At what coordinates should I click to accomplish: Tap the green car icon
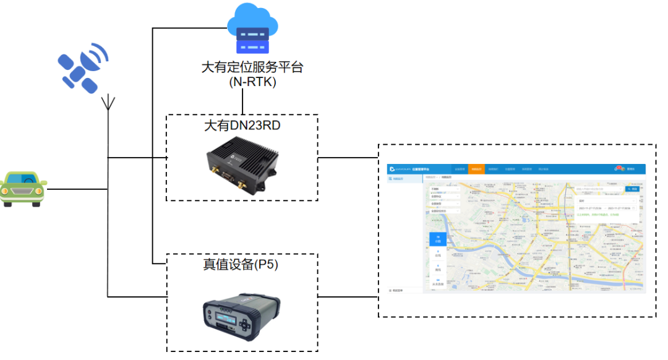[x=23, y=188]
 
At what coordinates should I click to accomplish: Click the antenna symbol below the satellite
[x=109, y=103]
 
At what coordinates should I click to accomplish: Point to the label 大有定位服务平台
[x=252, y=67]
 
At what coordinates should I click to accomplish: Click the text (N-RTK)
[x=252, y=82]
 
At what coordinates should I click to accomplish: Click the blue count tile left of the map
[x=438, y=239]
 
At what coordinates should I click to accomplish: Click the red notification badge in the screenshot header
[x=619, y=167]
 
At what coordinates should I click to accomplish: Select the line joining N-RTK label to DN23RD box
[x=242, y=101]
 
